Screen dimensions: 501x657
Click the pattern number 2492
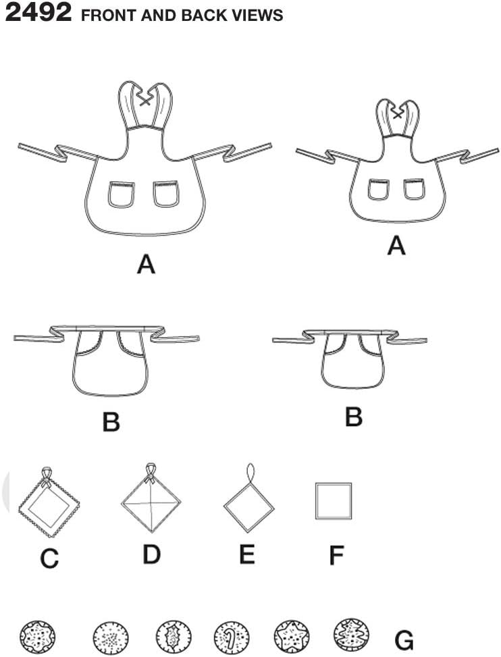[38, 13]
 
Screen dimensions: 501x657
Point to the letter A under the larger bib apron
[146, 264]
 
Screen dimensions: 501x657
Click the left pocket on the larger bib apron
[121, 194]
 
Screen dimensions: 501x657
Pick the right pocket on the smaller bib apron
[414, 189]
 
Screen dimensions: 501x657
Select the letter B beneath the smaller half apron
[354, 417]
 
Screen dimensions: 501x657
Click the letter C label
[49, 558]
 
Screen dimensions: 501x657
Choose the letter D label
[151, 554]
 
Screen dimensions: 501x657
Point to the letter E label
[247, 554]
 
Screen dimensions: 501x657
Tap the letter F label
[336, 556]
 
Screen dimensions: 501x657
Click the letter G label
[404, 639]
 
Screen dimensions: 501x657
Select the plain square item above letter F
[334, 500]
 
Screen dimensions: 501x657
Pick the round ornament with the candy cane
[232, 635]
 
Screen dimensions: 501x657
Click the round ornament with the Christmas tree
[351, 635]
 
